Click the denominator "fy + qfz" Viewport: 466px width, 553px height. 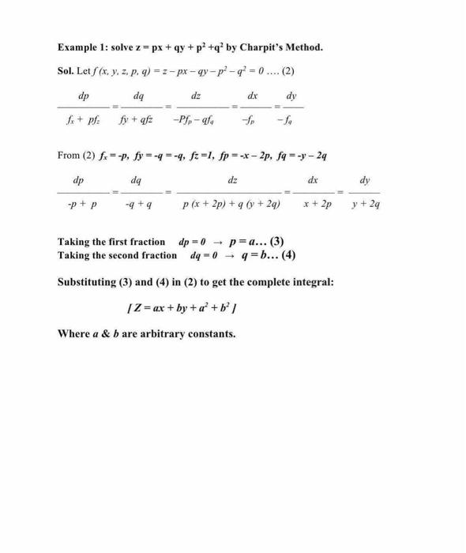[136, 120]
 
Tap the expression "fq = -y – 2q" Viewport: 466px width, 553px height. [298, 156]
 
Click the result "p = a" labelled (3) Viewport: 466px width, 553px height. [246, 242]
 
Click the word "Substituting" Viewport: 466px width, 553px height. [95, 282]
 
